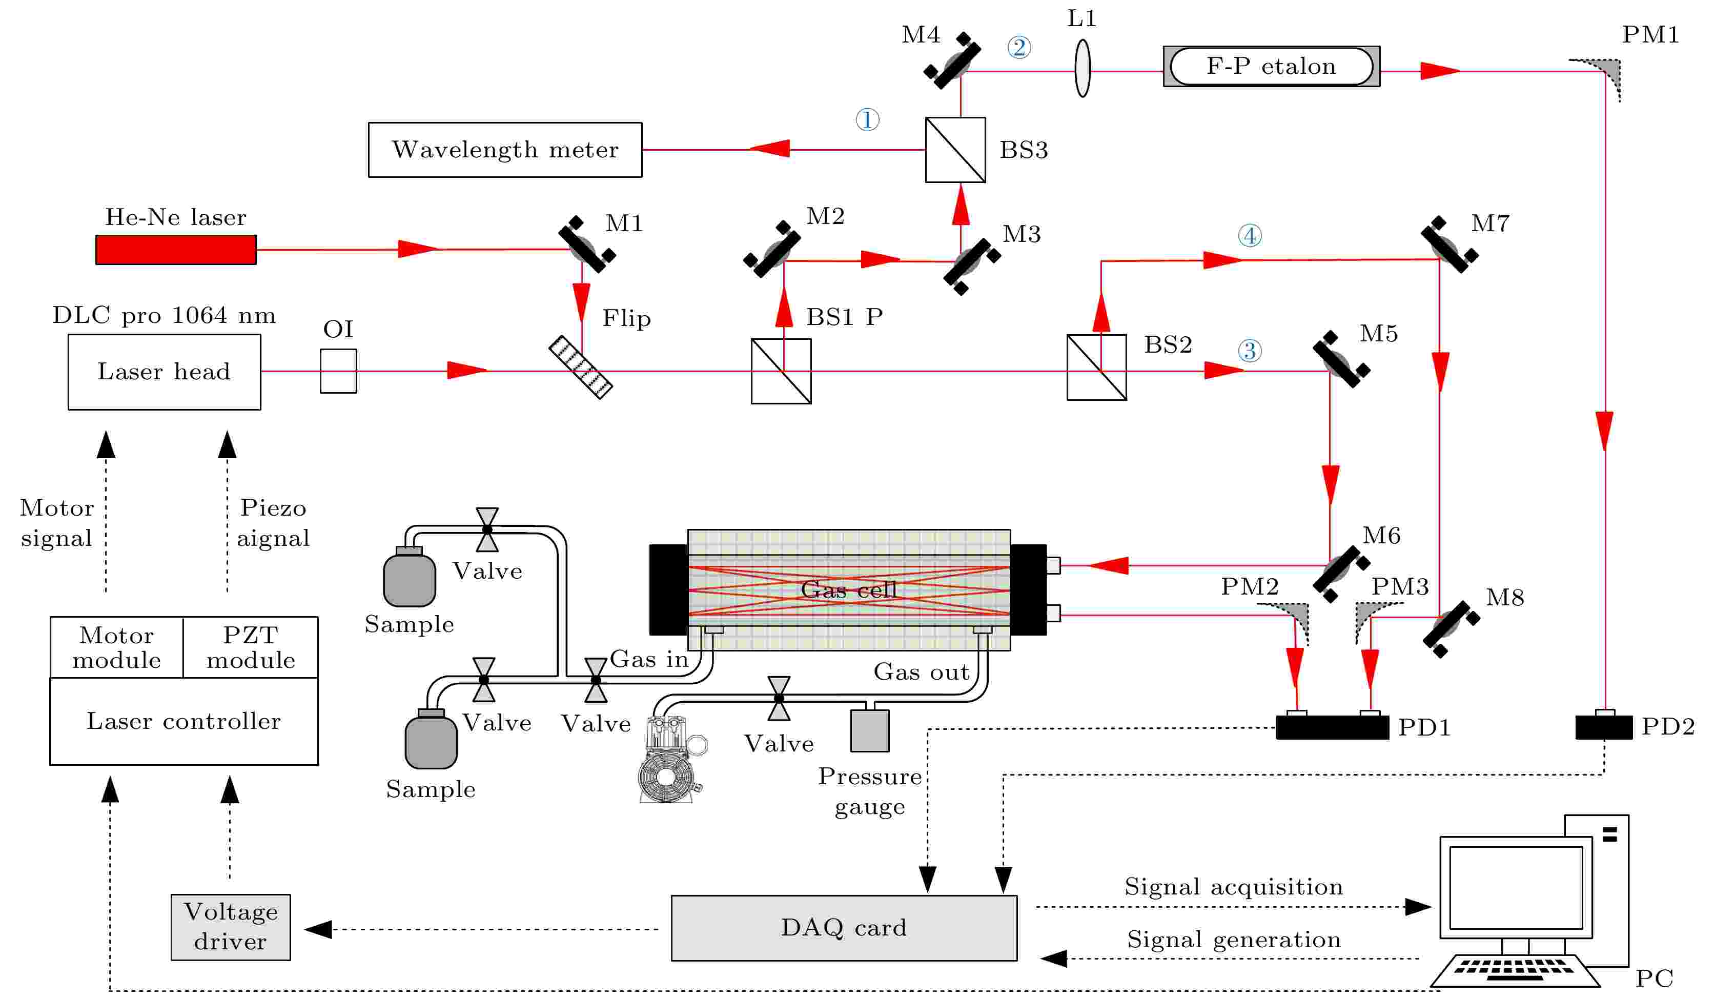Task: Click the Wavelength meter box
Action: pos(505,150)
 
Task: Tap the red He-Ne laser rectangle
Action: pos(176,250)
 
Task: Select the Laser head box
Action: pos(164,372)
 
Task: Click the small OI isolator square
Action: pos(338,371)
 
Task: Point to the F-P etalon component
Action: pos(1271,67)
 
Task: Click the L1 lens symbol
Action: pos(1082,68)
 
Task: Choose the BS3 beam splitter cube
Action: pos(955,150)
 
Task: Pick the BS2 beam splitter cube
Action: pos(1096,368)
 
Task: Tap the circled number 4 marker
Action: pos(1250,236)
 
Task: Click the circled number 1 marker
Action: pos(867,120)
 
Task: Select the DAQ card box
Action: pos(844,928)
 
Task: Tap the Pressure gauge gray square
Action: pos(870,731)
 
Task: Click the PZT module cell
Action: pos(251,647)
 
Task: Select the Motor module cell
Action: pos(116,647)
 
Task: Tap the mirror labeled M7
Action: pos(1449,244)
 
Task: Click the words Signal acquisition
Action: pos(1233,887)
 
